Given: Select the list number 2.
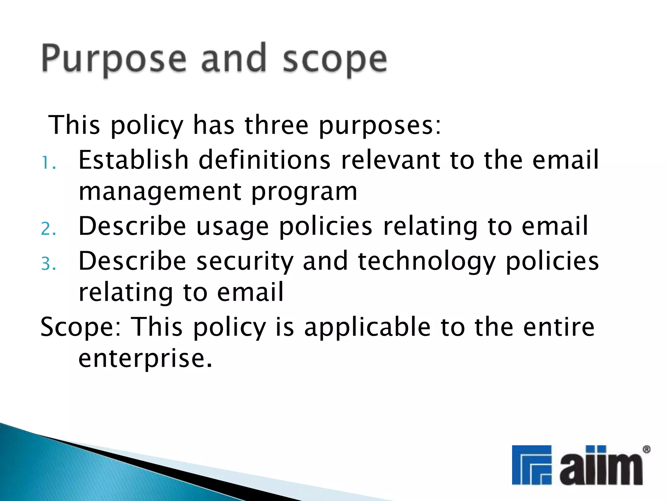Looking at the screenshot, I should tap(48, 229).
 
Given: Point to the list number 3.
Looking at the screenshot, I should tap(48, 264).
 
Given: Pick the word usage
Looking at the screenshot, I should tap(233, 226).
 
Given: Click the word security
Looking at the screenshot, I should tap(245, 261).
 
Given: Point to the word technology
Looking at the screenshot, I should tap(427, 261).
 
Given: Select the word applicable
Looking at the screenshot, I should tap(367, 327).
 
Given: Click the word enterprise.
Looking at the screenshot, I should tap(145, 358).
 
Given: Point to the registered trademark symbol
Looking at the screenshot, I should tap(646, 450).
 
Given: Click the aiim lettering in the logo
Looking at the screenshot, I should tap(601, 466).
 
